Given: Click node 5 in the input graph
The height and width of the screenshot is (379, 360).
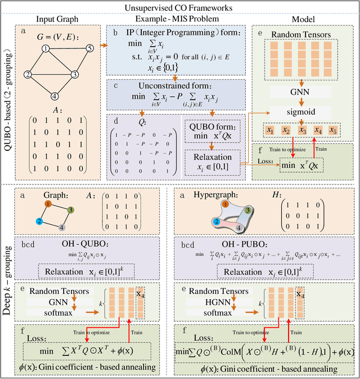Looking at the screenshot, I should pos(88,48).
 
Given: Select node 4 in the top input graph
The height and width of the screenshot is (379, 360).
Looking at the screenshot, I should pos(54,95).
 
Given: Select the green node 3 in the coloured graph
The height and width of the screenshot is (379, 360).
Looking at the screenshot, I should pos(70,210).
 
